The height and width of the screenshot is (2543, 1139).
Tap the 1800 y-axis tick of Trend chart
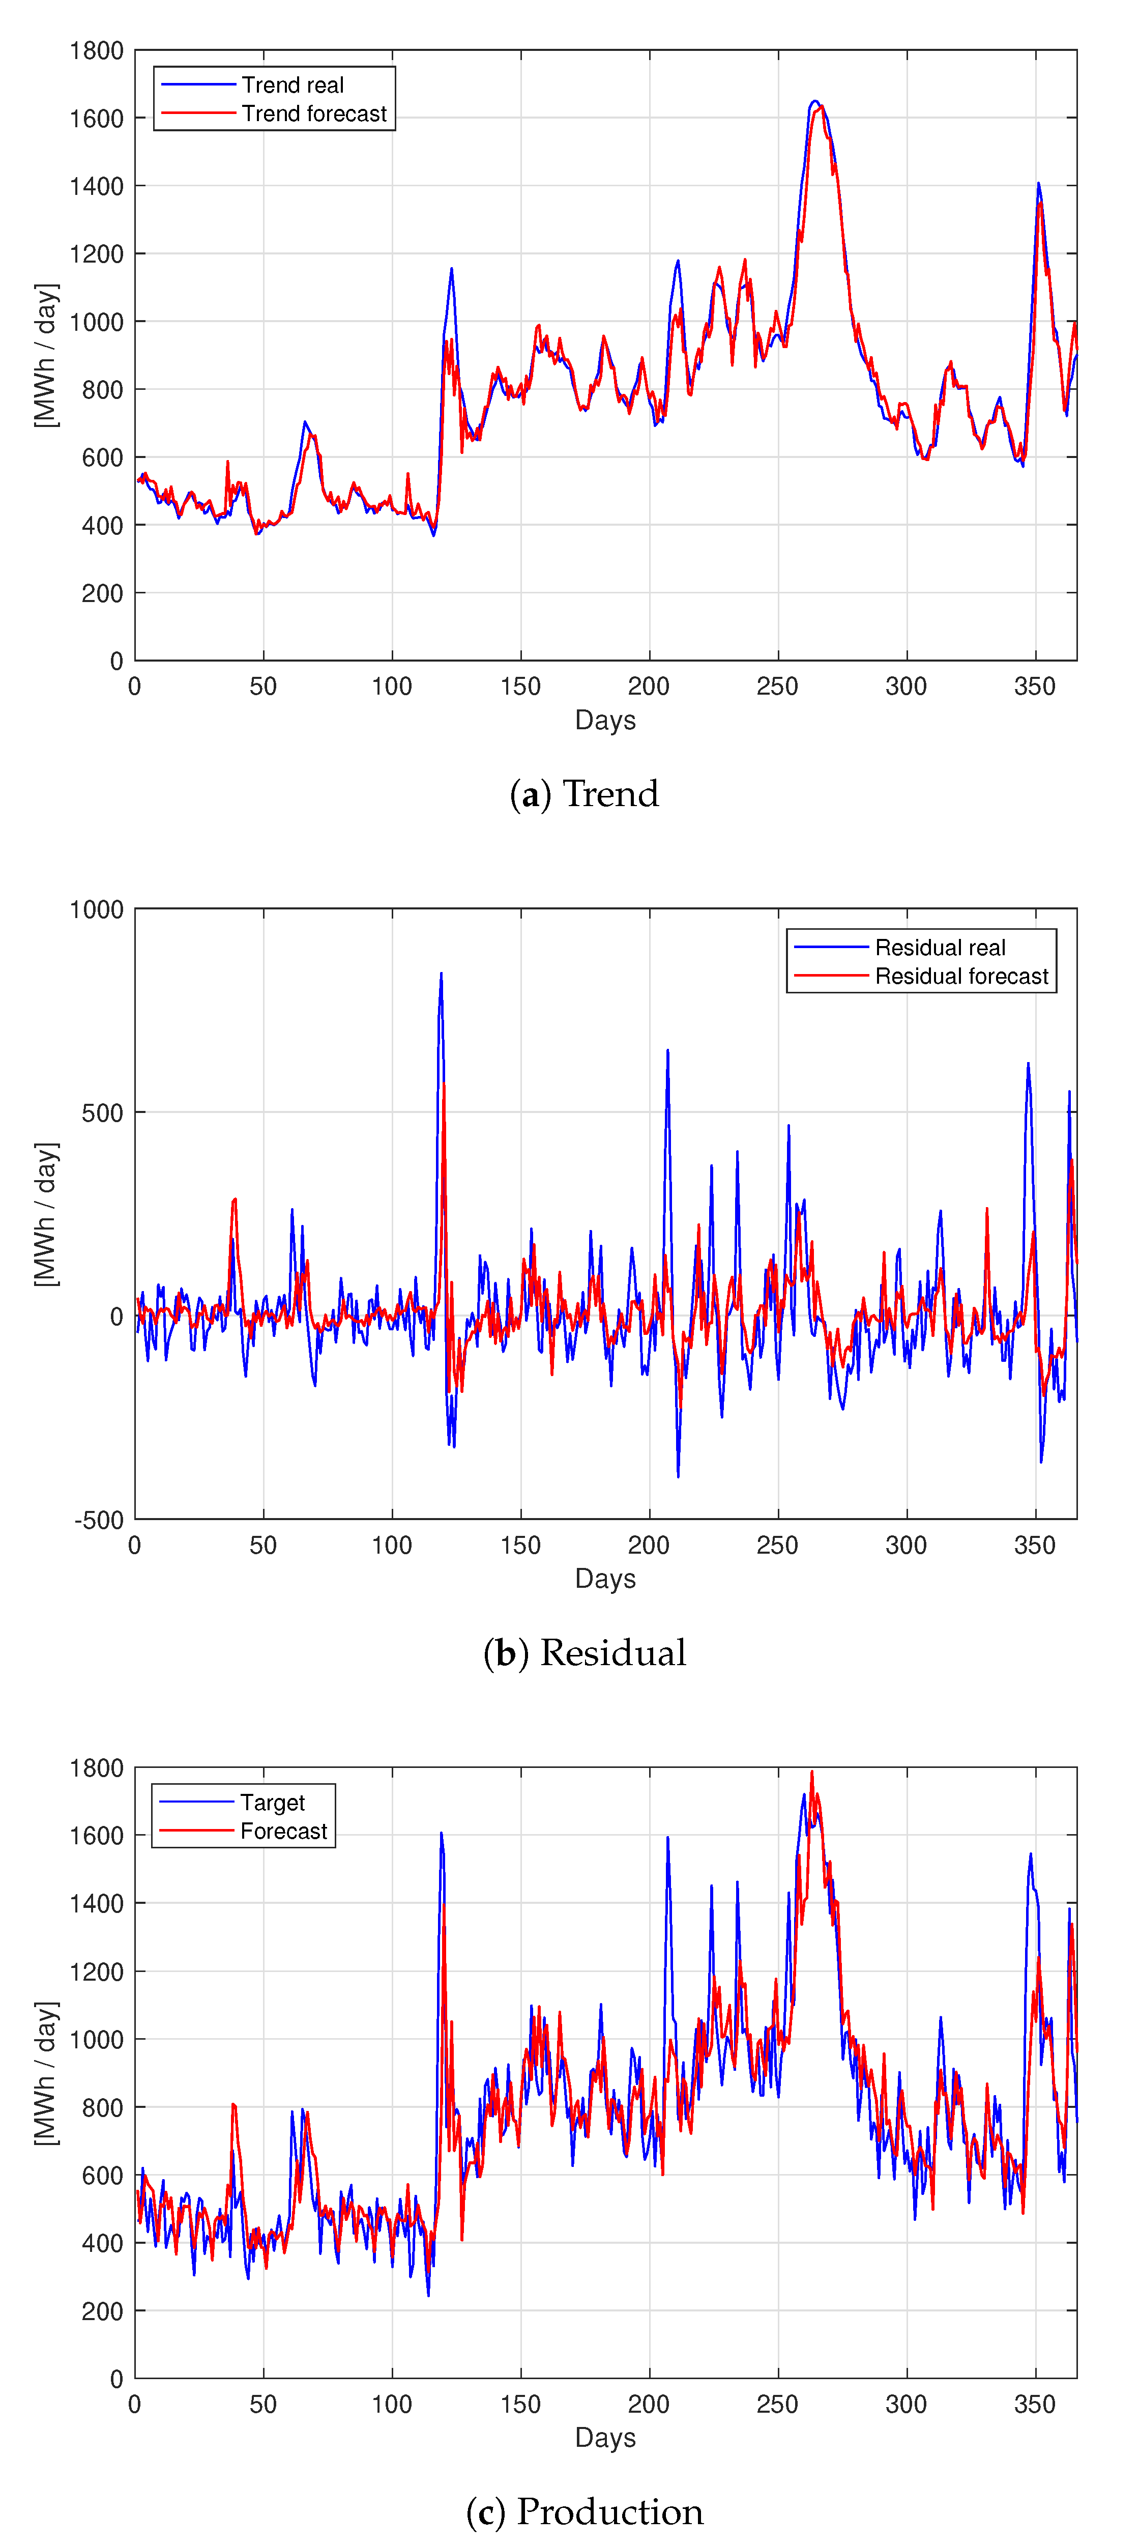(97, 50)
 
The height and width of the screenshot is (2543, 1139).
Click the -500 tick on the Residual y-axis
(99, 1520)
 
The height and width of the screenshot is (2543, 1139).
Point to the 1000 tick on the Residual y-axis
(97, 909)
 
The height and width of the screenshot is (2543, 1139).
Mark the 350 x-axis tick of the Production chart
(1034, 2404)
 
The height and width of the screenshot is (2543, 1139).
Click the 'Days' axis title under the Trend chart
(605, 720)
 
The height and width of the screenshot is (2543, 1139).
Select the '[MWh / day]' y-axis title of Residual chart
(45, 1214)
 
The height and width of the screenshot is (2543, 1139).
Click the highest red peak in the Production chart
(812, 1771)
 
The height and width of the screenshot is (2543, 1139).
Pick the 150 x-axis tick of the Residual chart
(520, 1545)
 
